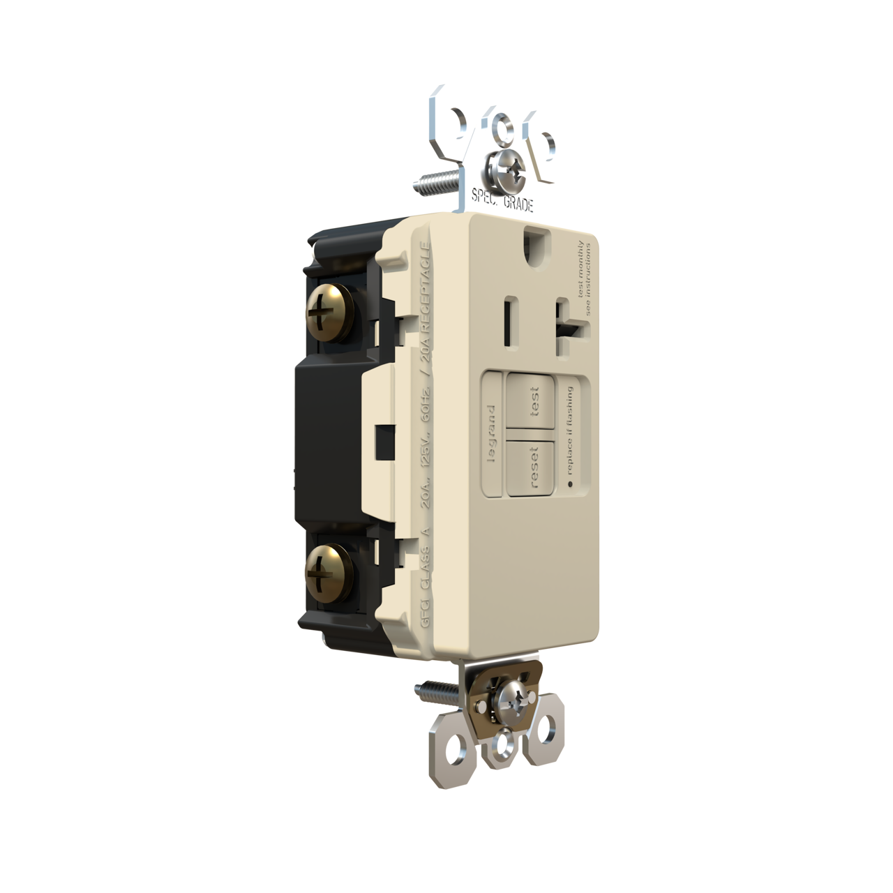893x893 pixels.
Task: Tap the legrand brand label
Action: click(493, 434)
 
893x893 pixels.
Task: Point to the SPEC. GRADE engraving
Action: click(503, 200)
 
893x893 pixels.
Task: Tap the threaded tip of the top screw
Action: click(423, 185)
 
